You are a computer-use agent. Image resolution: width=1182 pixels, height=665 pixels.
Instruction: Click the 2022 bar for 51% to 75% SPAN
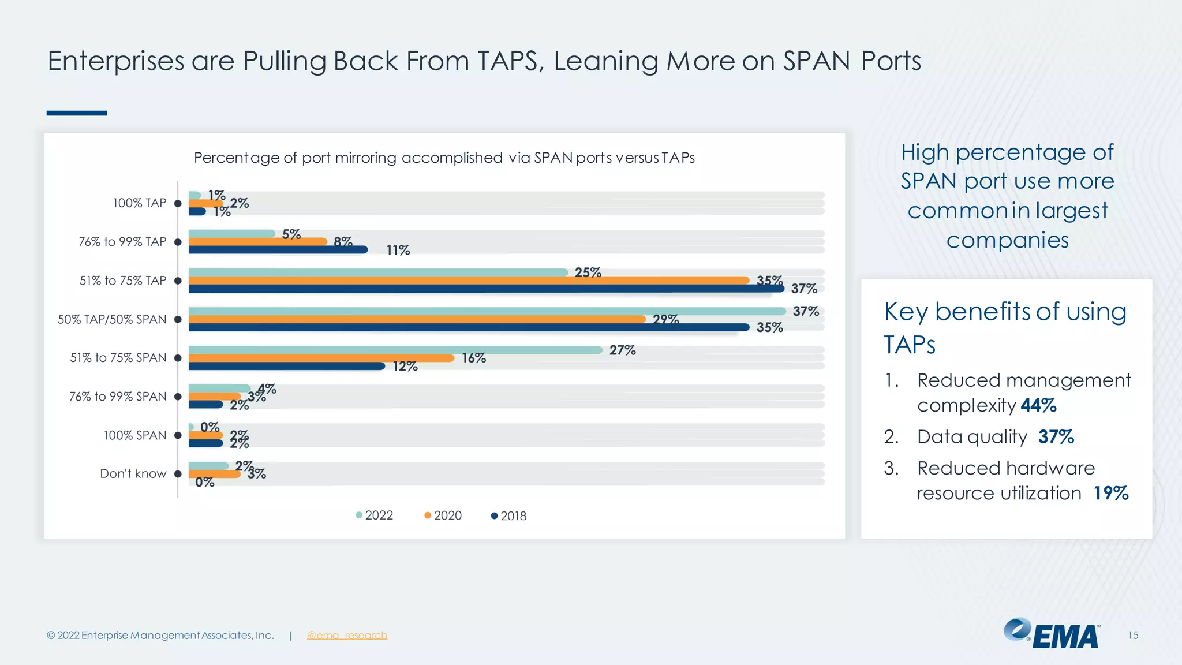pos(395,350)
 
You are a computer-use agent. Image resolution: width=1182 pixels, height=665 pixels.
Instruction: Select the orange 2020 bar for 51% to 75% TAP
pos(469,281)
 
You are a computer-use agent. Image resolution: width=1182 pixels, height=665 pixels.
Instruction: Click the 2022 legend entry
pos(375,515)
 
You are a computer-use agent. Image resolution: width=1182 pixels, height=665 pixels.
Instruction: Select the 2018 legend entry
pos(509,516)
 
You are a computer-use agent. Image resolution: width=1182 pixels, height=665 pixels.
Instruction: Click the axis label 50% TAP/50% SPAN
pos(112,319)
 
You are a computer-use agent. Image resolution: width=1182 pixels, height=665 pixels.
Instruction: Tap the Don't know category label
pos(133,474)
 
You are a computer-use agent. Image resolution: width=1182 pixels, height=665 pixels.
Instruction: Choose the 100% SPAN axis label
pos(134,435)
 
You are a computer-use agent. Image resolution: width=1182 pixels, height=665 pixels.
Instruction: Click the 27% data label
pos(622,350)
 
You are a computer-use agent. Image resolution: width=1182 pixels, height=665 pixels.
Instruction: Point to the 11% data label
pos(398,251)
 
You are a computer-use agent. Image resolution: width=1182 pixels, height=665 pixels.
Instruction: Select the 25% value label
pos(588,272)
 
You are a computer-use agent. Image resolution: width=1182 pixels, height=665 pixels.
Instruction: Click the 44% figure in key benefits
pos(1038,405)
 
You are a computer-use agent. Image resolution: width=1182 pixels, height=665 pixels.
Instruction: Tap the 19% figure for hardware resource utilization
pos(1111,493)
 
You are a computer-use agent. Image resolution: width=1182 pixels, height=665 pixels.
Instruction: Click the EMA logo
pos(1052,634)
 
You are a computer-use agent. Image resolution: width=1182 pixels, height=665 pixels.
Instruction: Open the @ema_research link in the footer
pos(347,636)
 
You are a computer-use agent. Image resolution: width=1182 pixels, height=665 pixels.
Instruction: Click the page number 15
pos(1133,636)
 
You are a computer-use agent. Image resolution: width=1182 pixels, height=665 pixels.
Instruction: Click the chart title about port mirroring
pos(444,158)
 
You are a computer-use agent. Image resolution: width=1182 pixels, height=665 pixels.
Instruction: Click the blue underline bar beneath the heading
pos(77,113)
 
